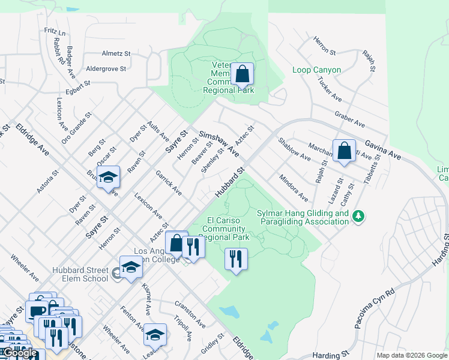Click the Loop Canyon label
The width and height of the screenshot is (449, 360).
tap(316, 70)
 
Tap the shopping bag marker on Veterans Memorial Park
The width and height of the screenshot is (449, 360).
tap(242, 75)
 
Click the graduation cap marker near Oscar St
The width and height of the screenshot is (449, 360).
tap(109, 177)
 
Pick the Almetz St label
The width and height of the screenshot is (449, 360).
tap(116, 53)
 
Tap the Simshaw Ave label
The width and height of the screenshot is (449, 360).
tap(219, 145)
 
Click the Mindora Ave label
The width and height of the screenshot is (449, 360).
tap(294, 188)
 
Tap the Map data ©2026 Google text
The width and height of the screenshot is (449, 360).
tap(411, 355)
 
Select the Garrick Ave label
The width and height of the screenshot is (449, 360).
tap(169, 182)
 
